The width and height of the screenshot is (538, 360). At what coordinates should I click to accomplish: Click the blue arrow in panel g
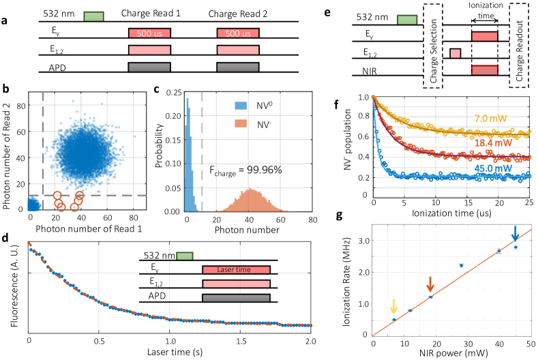515,234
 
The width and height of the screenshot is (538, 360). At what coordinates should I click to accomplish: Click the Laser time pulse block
235,271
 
